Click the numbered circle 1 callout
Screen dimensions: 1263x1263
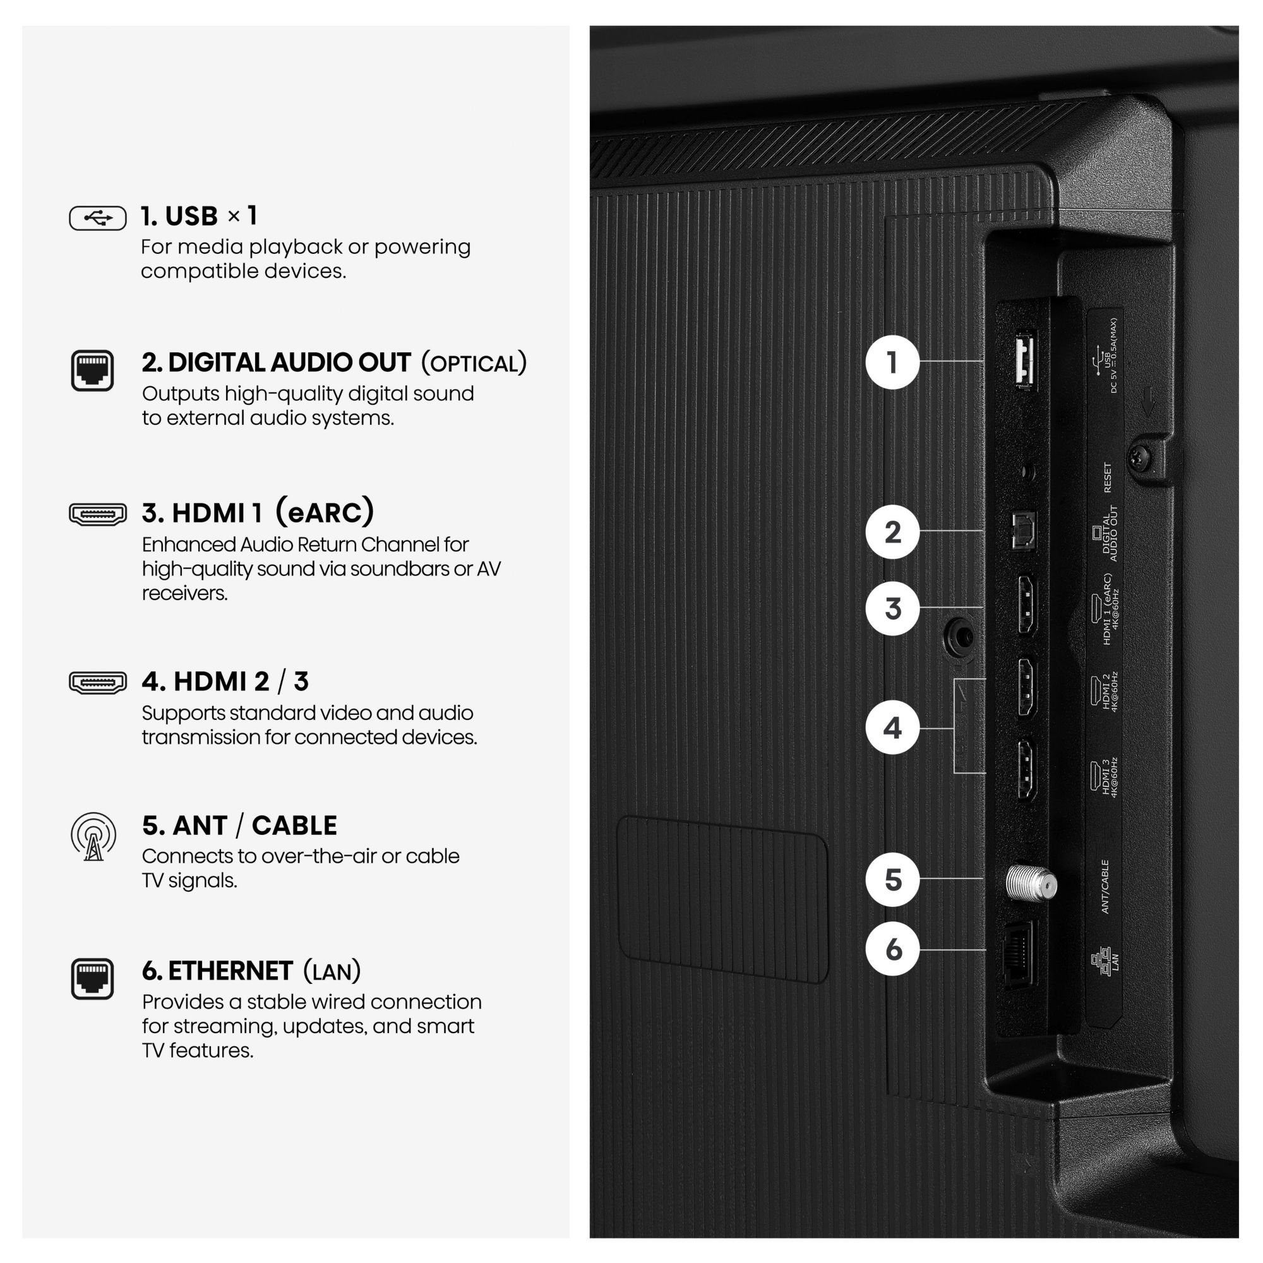pos(892,362)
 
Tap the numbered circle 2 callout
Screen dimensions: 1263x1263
pos(892,532)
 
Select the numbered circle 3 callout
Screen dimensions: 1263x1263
pos(892,608)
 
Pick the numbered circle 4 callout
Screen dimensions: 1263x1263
pos(892,727)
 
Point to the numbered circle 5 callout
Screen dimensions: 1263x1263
pos(892,879)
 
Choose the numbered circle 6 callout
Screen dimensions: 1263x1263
pos(892,949)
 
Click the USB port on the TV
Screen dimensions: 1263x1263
pos(1024,360)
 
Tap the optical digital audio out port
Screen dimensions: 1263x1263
pos(1023,530)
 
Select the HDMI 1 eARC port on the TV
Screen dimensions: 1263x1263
pos(1027,606)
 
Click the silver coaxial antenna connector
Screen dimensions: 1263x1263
pos(1031,883)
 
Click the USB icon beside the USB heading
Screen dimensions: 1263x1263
pos(97,218)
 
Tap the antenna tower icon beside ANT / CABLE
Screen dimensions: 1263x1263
pos(93,836)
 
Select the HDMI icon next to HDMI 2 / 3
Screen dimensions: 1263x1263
pos(97,683)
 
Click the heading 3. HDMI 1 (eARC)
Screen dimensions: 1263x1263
pos(258,513)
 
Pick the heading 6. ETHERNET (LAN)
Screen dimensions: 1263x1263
pos(252,971)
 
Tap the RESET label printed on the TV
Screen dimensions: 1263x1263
pos(1107,477)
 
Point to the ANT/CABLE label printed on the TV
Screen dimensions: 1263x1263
pos(1104,886)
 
